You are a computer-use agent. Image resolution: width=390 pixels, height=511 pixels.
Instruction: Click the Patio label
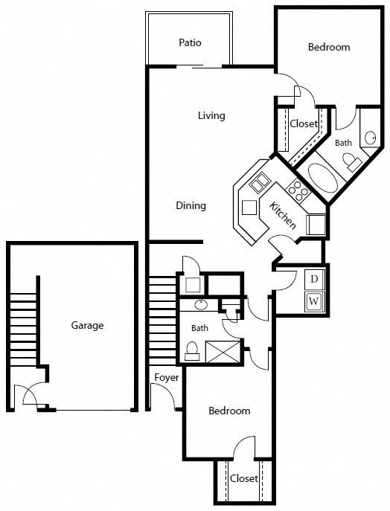tap(190, 42)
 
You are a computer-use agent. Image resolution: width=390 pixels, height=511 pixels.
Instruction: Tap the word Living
tap(211, 116)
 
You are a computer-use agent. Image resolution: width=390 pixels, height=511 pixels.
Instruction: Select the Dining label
tap(191, 205)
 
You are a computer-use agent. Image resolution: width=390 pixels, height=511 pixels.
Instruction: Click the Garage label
tap(87, 325)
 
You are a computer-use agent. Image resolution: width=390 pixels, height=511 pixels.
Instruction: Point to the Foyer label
tap(166, 378)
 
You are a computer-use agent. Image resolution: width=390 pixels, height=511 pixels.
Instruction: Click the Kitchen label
tap(283, 215)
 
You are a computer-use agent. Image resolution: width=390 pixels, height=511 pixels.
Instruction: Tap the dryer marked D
tap(314, 279)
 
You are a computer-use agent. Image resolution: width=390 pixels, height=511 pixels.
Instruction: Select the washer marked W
tap(314, 301)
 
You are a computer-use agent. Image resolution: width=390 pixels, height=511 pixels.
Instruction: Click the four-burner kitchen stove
tap(298, 190)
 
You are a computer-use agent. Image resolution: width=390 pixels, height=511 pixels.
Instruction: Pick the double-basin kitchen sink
tap(260, 183)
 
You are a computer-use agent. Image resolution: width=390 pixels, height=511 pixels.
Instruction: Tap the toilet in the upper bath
tap(351, 161)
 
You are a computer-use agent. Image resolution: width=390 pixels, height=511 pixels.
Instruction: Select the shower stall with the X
tap(223, 352)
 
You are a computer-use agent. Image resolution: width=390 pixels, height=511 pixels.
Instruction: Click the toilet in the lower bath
tap(192, 350)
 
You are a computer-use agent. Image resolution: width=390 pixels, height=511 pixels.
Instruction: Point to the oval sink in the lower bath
tap(201, 305)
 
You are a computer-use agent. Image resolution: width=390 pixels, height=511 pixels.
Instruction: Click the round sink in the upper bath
tap(370, 137)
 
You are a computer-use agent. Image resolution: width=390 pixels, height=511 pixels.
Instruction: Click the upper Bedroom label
tap(329, 48)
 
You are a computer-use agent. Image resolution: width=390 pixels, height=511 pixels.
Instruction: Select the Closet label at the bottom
tap(244, 478)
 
